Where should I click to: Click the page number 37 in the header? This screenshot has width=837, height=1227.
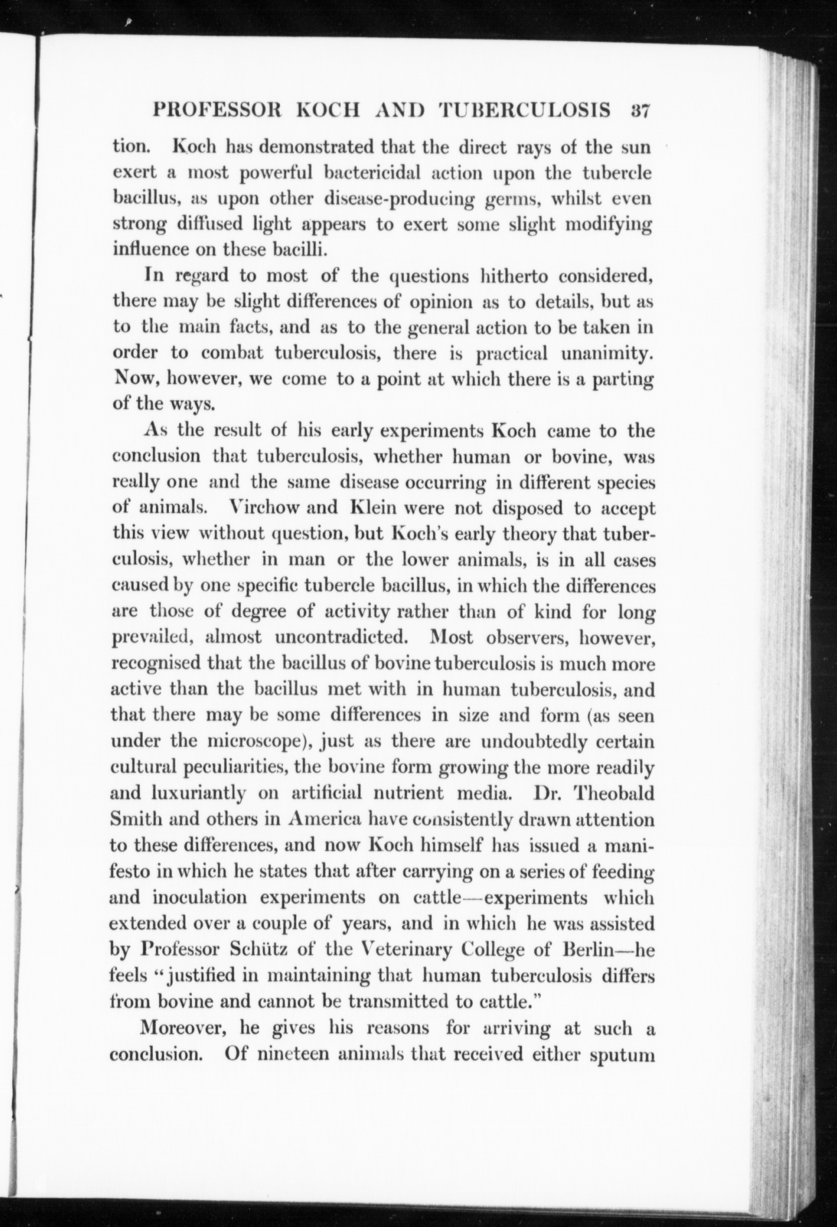tap(639, 113)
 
